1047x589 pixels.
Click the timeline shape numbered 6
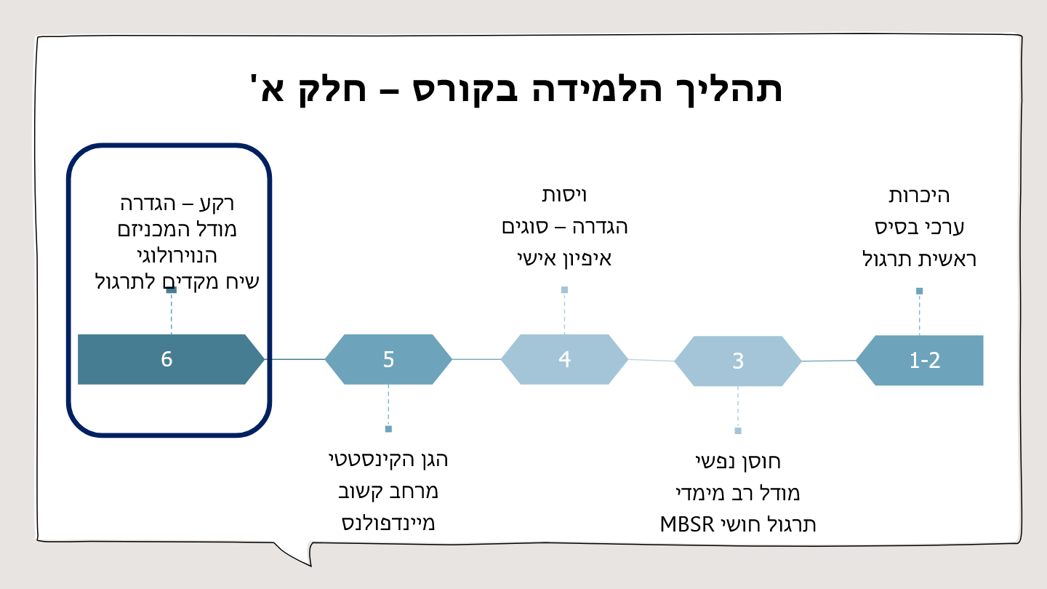[168, 359]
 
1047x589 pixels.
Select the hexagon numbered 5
[388, 359]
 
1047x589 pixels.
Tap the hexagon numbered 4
[564, 359]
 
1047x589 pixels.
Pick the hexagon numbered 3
[737, 361]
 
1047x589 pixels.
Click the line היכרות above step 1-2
[919, 196]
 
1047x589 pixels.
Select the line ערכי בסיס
[919, 227]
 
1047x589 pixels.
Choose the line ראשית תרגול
[919, 259]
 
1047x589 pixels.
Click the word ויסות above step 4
[564, 195]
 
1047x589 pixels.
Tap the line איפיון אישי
[564, 258]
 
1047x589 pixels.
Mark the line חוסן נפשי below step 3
[737, 461]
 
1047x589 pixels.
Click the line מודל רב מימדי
[737, 493]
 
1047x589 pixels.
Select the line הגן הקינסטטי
[388, 460]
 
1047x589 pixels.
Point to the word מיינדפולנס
[388, 523]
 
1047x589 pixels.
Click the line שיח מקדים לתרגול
[177, 281]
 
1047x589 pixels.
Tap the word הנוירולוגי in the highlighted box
[177, 256]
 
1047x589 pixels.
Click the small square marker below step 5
[388, 429]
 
